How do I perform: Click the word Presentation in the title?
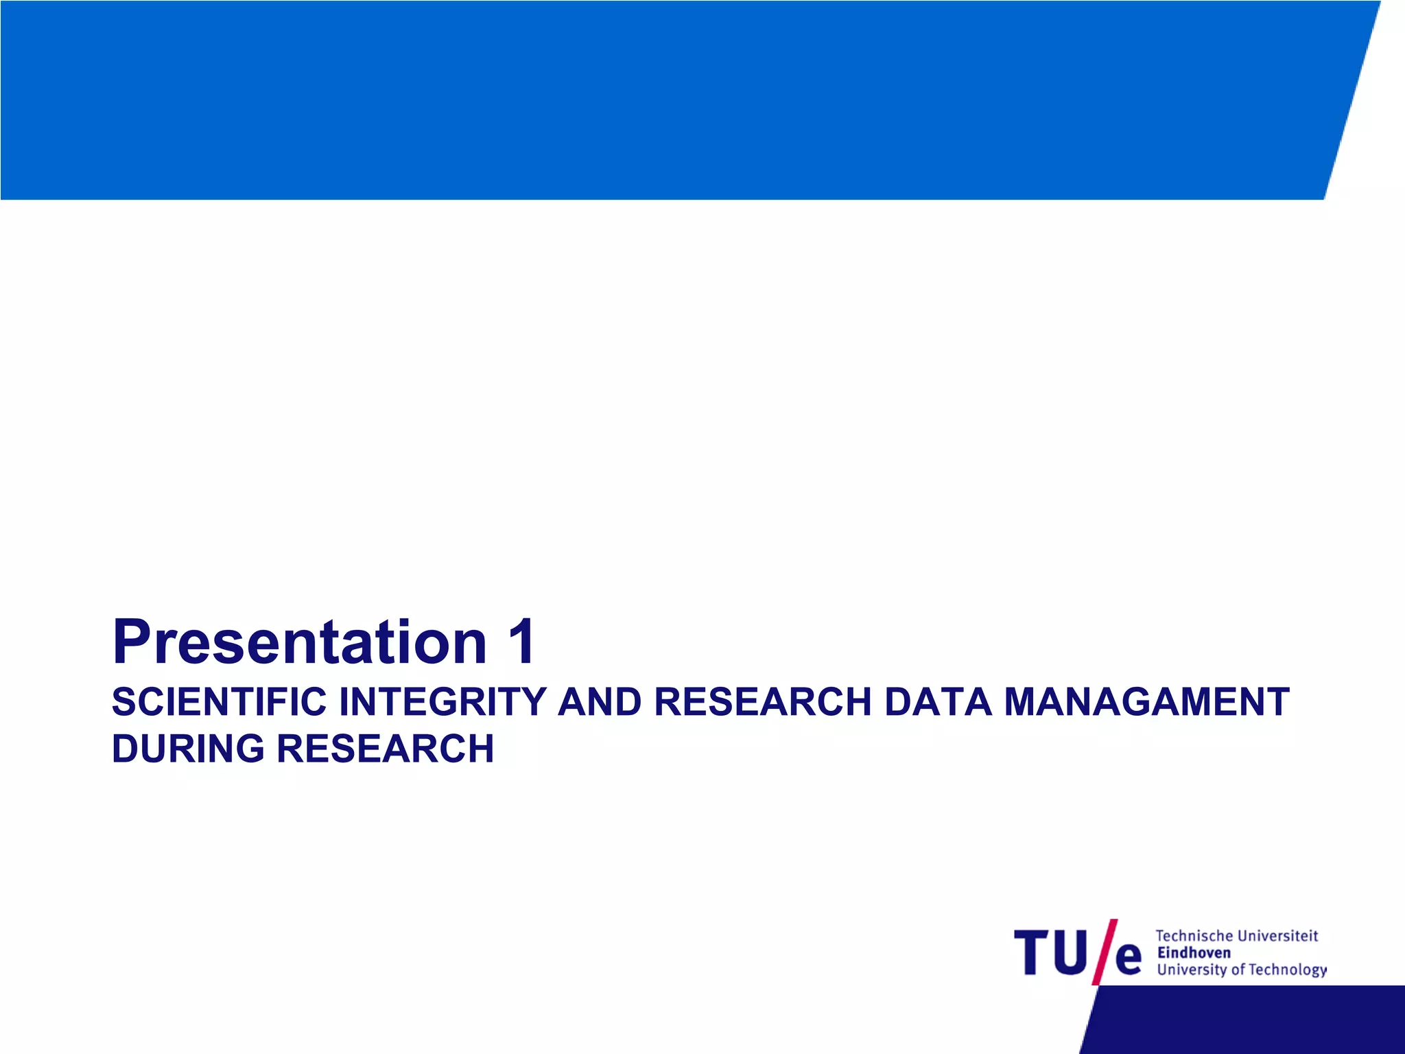[299, 642]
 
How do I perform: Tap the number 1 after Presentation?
[521, 642]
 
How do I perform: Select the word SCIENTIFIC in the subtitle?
[219, 702]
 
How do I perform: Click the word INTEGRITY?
[443, 702]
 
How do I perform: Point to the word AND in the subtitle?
[600, 702]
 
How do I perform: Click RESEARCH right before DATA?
[762, 702]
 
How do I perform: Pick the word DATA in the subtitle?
[938, 702]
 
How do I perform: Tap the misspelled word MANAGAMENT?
[1146, 702]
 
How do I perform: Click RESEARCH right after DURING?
[385, 749]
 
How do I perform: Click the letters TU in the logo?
[1050, 952]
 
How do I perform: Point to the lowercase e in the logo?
[1128, 959]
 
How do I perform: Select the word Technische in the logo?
[1194, 936]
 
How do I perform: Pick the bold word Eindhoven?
[1194, 952]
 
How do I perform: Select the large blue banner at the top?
[659, 99]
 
